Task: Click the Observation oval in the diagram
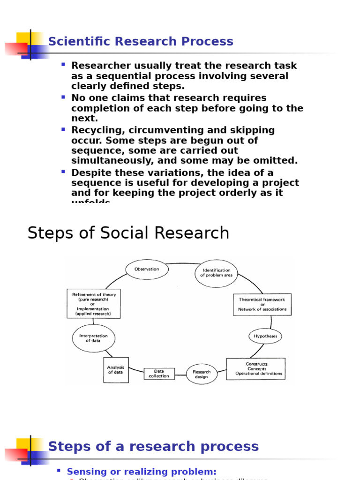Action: click(x=147, y=270)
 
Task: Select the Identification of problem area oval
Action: click(x=216, y=273)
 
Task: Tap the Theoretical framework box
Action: click(x=262, y=305)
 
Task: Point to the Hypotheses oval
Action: click(x=265, y=336)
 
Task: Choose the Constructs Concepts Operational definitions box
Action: click(x=256, y=369)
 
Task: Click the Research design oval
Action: click(x=202, y=374)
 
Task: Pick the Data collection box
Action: click(x=159, y=374)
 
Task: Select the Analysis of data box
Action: click(x=115, y=370)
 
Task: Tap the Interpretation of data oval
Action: click(x=93, y=338)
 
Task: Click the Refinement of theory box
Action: click(x=94, y=303)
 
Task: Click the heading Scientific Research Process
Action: click(x=141, y=42)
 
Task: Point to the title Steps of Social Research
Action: click(x=128, y=233)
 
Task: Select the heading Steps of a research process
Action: click(x=153, y=446)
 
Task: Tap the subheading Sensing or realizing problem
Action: click(x=142, y=472)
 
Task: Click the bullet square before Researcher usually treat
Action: click(x=63, y=64)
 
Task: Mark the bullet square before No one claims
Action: click(x=63, y=97)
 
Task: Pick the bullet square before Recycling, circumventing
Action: click(x=63, y=129)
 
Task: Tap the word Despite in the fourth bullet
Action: click(x=89, y=172)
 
